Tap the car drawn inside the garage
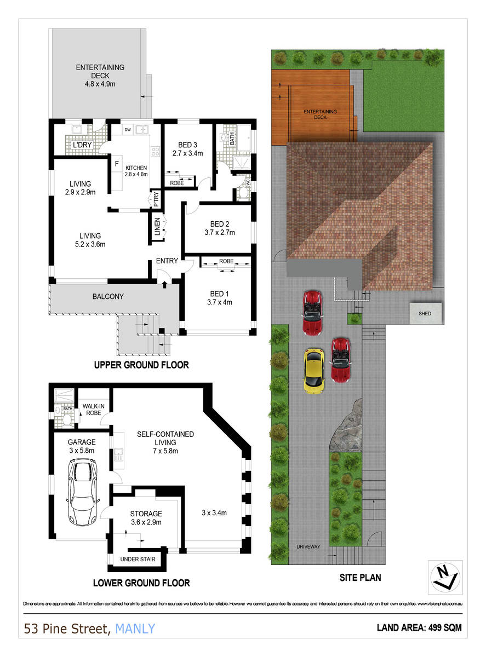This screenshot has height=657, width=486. pyautogui.click(x=84, y=491)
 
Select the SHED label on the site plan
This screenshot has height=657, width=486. pyautogui.click(x=425, y=314)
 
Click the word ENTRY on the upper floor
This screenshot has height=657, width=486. pyautogui.click(x=167, y=261)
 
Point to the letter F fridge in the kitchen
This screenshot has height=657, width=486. pyautogui.click(x=116, y=164)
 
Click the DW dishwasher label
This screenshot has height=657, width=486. pyautogui.click(x=127, y=130)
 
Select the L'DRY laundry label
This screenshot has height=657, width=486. pyautogui.click(x=82, y=145)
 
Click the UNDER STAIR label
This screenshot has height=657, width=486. pyautogui.click(x=138, y=560)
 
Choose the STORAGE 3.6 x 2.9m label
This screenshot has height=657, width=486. pyautogui.click(x=146, y=518)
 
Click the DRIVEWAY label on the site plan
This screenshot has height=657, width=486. pyautogui.click(x=308, y=546)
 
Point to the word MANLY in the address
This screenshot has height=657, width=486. pyautogui.click(x=135, y=629)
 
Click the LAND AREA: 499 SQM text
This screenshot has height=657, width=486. pyautogui.click(x=419, y=628)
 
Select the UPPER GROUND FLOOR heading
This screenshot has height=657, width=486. pyautogui.click(x=141, y=365)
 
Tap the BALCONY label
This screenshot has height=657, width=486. pyautogui.click(x=108, y=296)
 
